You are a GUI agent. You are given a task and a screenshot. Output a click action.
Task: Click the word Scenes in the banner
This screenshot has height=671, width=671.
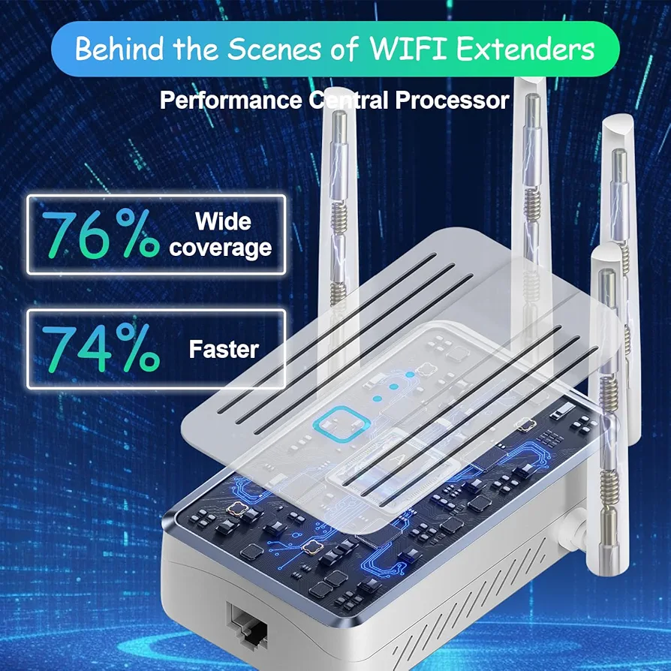(x=273, y=49)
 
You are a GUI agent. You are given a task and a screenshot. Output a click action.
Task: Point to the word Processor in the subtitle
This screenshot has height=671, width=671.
(x=452, y=101)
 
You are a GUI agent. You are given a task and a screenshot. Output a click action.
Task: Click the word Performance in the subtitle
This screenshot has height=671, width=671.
(x=230, y=101)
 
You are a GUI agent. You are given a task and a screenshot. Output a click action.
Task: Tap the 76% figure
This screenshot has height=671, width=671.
(x=101, y=233)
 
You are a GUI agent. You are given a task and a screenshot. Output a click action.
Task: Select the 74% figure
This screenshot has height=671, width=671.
(x=101, y=348)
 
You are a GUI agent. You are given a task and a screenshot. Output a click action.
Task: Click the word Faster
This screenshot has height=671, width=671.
(x=224, y=349)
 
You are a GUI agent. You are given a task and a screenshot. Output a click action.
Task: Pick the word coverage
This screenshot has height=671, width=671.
(x=221, y=248)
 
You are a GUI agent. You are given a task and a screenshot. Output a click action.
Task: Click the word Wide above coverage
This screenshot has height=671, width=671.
(x=223, y=221)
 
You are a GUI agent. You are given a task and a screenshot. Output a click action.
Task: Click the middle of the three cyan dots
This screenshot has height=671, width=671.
(x=394, y=387)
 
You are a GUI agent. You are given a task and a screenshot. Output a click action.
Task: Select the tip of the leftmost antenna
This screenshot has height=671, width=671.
(x=339, y=89)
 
